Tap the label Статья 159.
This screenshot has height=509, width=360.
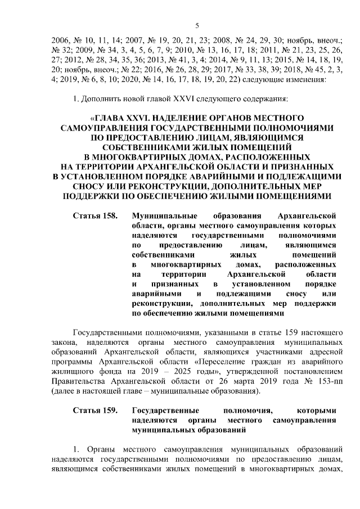pos(95,411)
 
